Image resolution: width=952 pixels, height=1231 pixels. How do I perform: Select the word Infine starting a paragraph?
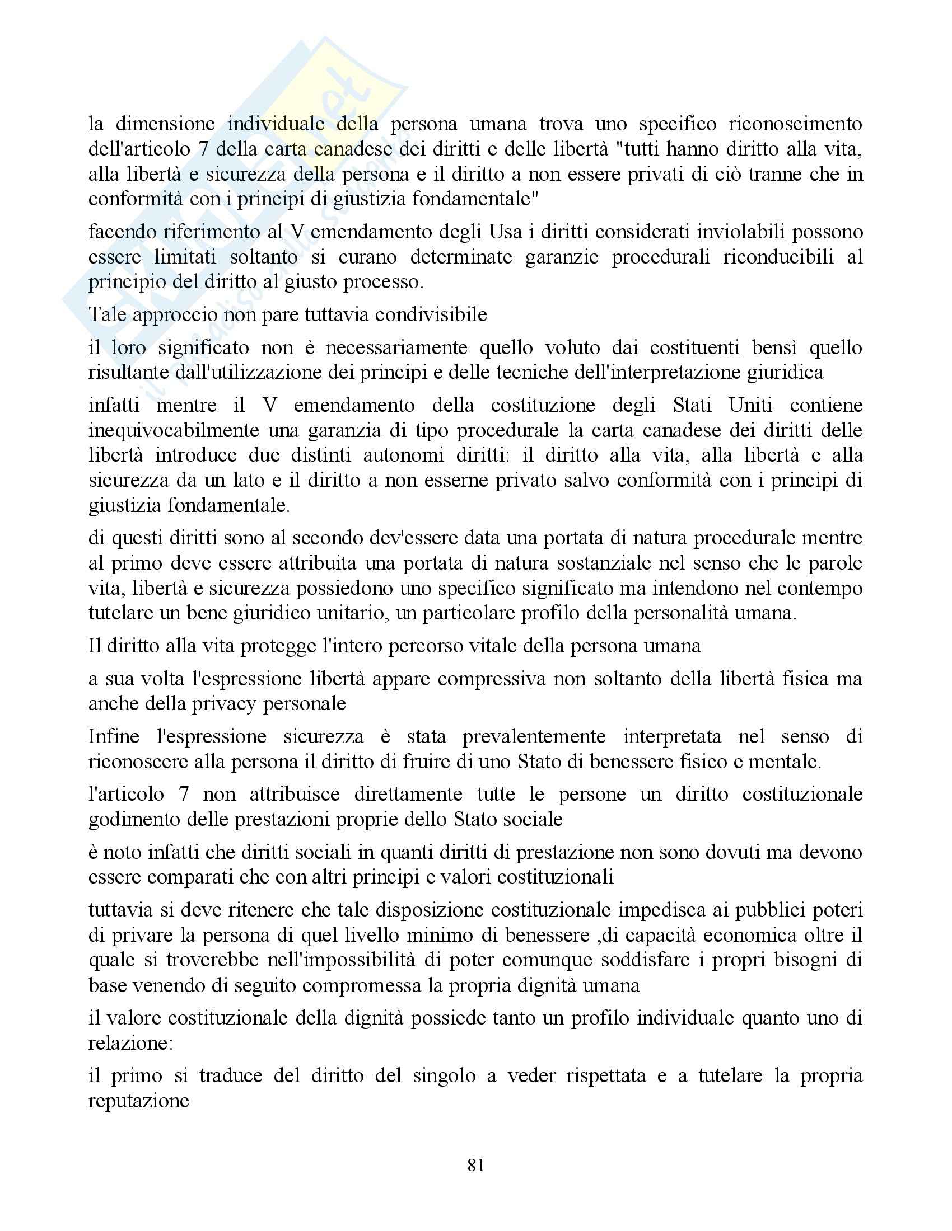click(115, 737)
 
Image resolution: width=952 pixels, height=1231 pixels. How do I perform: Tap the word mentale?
click(785, 762)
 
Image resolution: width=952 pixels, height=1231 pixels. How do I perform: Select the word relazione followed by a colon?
click(130, 1043)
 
